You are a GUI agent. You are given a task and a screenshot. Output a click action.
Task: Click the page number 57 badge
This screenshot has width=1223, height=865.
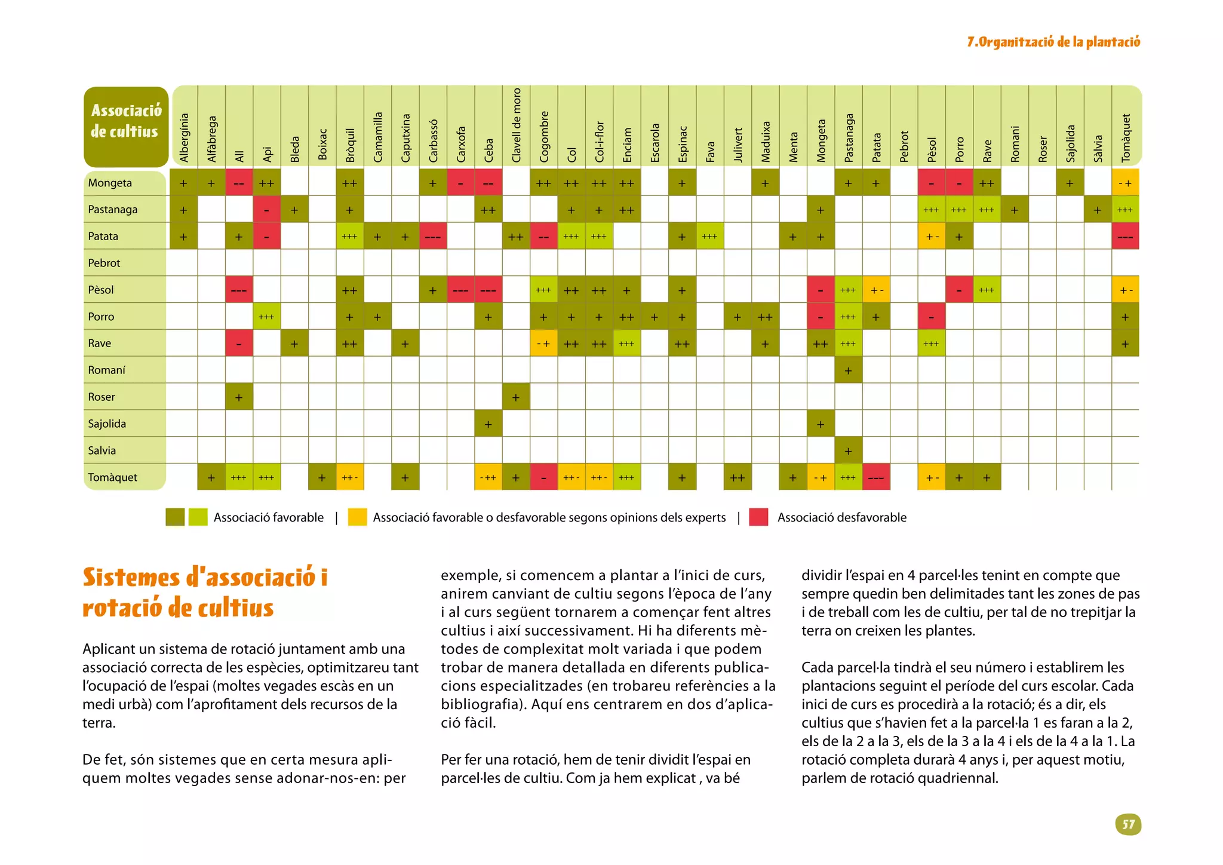coord(1127,824)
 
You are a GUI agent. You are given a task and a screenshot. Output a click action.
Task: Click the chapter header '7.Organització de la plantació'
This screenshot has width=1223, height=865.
coord(1053,42)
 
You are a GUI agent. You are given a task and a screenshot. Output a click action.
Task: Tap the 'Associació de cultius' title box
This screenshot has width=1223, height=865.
coord(126,126)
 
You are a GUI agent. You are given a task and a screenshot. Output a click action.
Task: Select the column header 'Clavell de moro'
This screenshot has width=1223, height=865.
coord(517,125)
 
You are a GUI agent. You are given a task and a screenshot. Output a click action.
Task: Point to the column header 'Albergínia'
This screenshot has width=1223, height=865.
coord(184,137)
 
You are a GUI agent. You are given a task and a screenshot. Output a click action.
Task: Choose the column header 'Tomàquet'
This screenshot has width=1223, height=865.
coord(1126,137)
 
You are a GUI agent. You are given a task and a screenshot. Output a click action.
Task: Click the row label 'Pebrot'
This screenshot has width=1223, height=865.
coord(104,263)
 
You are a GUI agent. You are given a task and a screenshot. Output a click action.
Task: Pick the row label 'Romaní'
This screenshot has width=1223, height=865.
coord(106,370)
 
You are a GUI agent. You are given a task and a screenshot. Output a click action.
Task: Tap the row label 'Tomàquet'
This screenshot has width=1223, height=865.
coord(112,477)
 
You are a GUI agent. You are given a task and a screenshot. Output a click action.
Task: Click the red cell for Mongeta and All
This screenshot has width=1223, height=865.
coord(239,183)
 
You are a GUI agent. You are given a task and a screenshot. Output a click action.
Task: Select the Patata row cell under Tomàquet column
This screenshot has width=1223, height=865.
coord(1125,237)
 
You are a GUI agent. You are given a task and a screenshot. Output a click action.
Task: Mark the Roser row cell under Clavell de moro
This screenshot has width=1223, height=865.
coord(516,397)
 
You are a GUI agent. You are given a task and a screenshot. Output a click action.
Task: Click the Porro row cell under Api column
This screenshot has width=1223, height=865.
coord(266,317)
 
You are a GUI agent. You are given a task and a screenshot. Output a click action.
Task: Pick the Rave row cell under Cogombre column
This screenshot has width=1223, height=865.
coord(543,343)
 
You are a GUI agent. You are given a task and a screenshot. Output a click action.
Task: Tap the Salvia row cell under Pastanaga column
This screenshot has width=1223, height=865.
coord(848,450)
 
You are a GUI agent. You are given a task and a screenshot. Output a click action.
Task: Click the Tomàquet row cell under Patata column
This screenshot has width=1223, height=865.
coord(876,477)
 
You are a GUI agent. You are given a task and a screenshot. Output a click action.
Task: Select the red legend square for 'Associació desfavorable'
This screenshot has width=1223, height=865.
coord(758,517)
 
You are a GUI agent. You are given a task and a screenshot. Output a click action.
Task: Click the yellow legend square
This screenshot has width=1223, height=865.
coord(357,517)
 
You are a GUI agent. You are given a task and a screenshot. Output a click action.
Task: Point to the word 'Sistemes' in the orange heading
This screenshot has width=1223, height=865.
coord(131,578)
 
